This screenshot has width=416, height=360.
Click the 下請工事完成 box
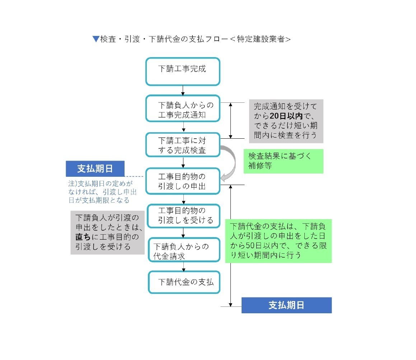coord(183,71)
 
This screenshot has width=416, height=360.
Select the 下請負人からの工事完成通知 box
coord(183,108)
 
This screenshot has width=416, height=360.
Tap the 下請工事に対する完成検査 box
coord(183,145)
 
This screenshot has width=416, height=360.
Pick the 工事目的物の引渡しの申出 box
coord(183,181)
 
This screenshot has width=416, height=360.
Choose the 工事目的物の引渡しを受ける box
coord(183,216)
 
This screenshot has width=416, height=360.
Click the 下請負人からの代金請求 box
coord(184,250)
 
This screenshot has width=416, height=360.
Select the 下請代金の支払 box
coord(184,282)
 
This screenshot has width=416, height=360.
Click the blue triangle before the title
coord(96,39)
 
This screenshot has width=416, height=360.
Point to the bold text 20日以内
coord(286,116)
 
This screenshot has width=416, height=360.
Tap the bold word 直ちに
coord(83,236)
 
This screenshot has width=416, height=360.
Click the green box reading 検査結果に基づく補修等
coord(283,161)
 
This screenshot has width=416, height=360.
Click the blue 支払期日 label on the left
coord(95,169)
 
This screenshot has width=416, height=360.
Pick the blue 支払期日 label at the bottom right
coord(286,305)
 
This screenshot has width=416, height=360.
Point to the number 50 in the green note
coord(250,246)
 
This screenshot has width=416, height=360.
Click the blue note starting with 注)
coord(103,192)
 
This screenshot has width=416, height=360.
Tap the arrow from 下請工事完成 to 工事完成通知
coord(183,90)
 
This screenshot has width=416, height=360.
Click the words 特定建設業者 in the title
coord(261,39)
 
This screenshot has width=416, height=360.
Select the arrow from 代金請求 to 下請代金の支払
coord(183,266)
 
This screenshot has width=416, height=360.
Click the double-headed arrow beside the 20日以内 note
coord(230,120)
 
